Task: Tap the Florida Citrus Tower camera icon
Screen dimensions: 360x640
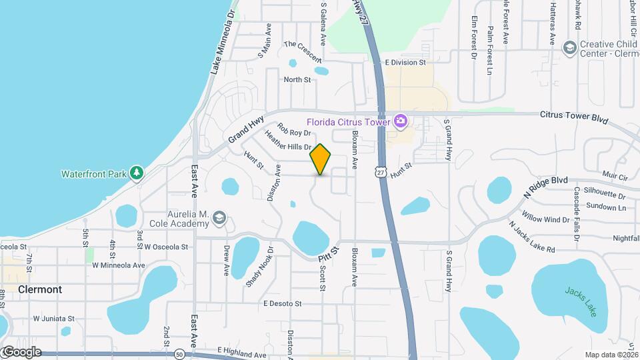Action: pyautogui.click(x=400, y=121)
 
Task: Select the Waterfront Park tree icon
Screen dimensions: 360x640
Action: pyautogui.click(x=137, y=173)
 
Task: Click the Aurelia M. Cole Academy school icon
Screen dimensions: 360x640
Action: pyautogui.click(x=220, y=218)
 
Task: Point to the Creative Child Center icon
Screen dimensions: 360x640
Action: pyautogui.click(x=569, y=47)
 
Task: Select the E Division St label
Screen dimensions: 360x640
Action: pyautogui.click(x=405, y=63)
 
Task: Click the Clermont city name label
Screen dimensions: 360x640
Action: pyautogui.click(x=40, y=290)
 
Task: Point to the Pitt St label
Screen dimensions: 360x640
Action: pyautogui.click(x=329, y=254)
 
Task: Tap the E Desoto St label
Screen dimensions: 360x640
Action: pyautogui.click(x=283, y=303)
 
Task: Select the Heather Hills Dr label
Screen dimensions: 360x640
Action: pyautogui.click(x=288, y=141)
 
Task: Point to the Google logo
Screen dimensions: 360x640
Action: pyautogui.click(x=21, y=352)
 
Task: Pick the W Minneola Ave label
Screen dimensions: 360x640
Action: pyautogui.click(x=119, y=265)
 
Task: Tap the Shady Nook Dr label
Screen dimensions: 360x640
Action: pyautogui.click(x=259, y=267)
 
